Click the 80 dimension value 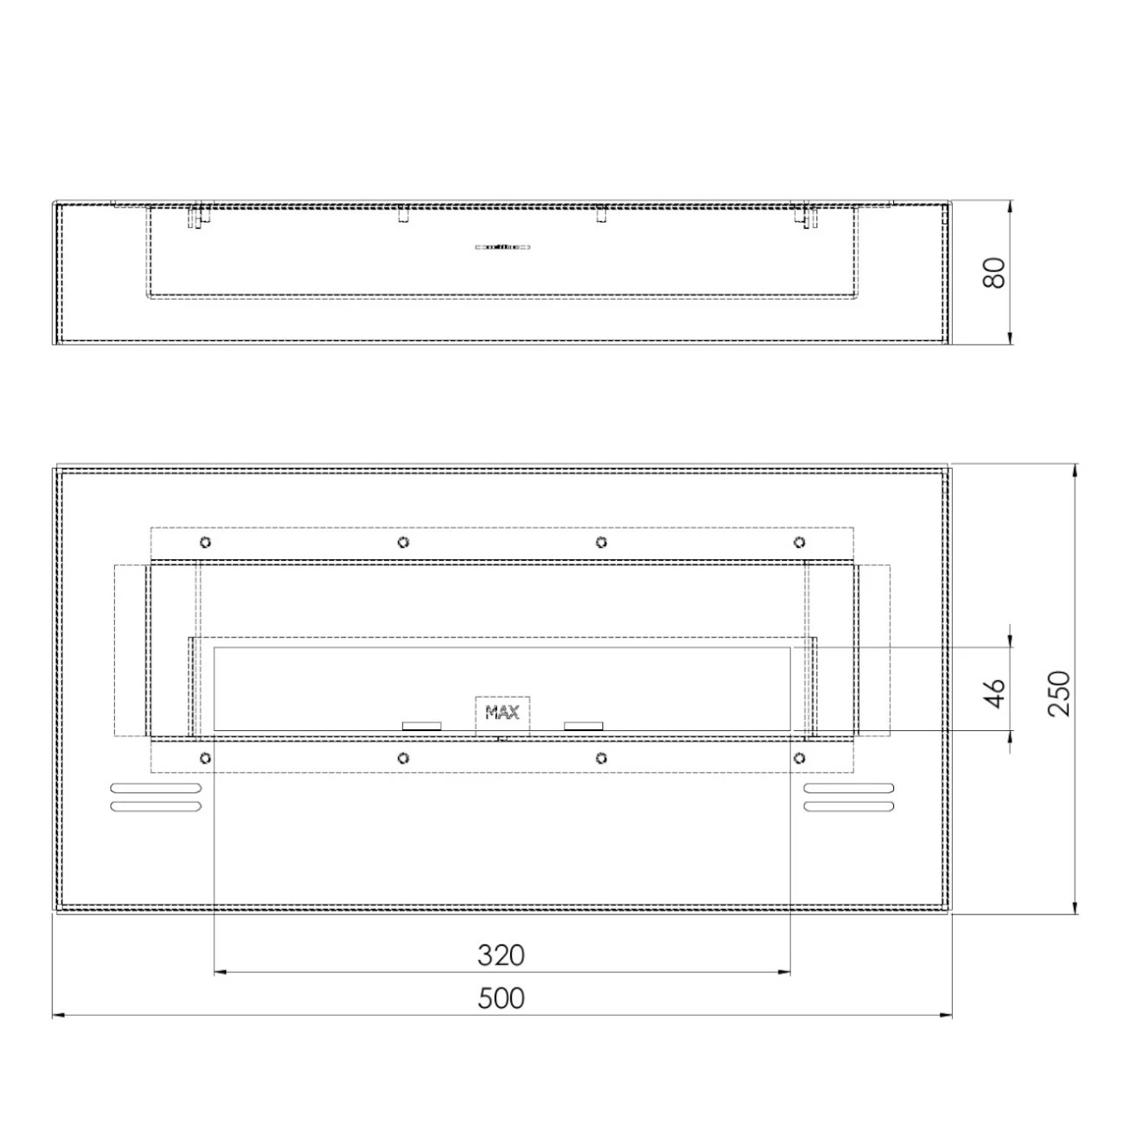click(x=994, y=273)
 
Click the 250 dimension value click(x=1060, y=692)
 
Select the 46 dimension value click(x=994, y=692)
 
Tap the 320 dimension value click(x=501, y=955)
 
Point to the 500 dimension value click(x=501, y=998)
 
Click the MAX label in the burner click(x=502, y=712)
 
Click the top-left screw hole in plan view click(x=205, y=542)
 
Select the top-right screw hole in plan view click(x=799, y=542)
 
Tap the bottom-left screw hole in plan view click(x=205, y=757)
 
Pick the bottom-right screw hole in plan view click(x=799, y=757)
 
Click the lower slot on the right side click(x=849, y=806)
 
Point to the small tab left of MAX click(x=422, y=726)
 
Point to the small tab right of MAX click(x=584, y=726)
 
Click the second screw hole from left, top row click(x=402, y=542)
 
